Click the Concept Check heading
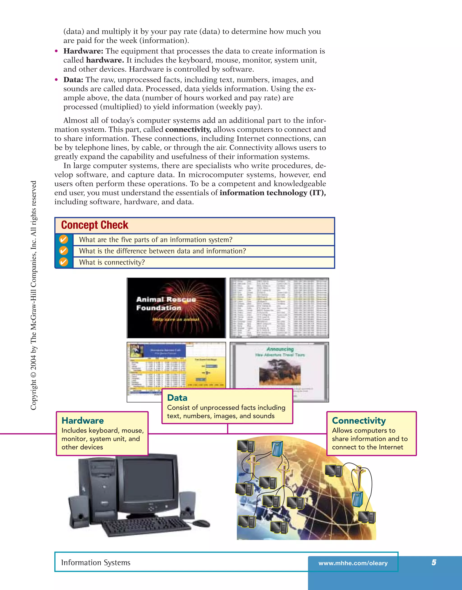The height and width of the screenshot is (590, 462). pos(95,225)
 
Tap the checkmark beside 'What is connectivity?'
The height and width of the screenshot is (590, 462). pos(64,262)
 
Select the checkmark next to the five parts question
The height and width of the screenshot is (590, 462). pos(64,239)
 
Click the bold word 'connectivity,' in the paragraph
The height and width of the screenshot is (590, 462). pos(188,129)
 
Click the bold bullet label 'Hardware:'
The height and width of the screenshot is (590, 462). pos(83,51)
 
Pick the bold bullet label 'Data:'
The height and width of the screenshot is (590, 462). pos(73,80)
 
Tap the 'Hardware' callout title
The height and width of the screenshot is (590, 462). pos(83,421)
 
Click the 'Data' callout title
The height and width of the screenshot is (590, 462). pos(177,398)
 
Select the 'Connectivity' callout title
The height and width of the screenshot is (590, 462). pos(359,421)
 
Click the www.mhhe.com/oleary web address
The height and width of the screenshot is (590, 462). pos(353,563)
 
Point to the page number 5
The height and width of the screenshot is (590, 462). pos(434,563)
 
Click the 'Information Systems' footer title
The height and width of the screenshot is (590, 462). pos(96,563)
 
